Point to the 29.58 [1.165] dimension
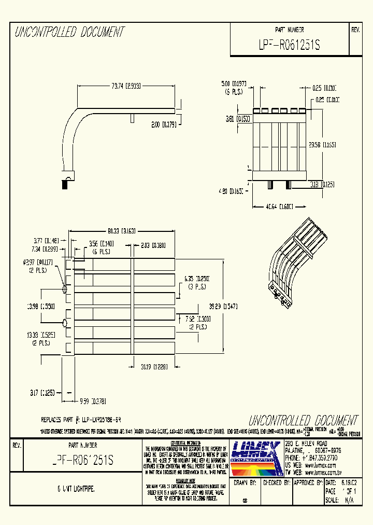pos(322,145)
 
